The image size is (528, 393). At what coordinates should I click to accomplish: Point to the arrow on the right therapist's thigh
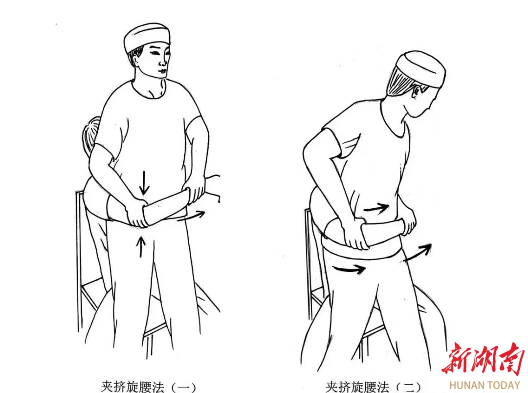(349, 268)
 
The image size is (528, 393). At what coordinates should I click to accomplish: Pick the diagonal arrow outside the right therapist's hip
(418, 252)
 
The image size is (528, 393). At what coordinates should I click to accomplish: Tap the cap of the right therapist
(421, 68)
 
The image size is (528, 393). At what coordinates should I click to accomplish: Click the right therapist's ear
(417, 91)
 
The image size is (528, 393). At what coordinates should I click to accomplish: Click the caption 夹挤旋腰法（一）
(148, 386)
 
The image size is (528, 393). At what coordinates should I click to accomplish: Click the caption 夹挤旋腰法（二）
(373, 387)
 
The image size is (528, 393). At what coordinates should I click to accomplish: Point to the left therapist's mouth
(162, 71)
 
